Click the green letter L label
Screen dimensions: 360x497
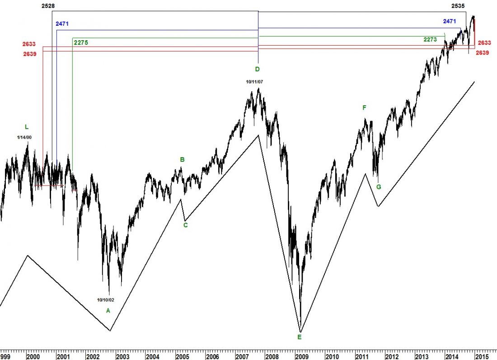pyautogui.click(x=27, y=127)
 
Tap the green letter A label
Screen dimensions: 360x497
pyautogui.click(x=108, y=310)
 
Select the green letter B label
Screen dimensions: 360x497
pyautogui.click(x=183, y=159)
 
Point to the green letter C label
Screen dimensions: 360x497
pyautogui.click(x=185, y=225)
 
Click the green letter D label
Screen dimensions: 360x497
pyautogui.click(x=257, y=69)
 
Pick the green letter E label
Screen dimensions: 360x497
pyautogui.click(x=299, y=337)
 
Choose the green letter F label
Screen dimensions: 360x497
pyautogui.click(x=364, y=108)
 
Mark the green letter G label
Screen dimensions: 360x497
pyautogui.click(x=379, y=187)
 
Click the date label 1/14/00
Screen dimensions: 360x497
pyautogui.click(x=25, y=137)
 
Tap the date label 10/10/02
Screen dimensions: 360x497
pyautogui.click(x=106, y=299)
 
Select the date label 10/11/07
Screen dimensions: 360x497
pyautogui.click(x=254, y=82)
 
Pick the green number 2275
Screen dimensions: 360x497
pyautogui.click(x=80, y=42)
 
